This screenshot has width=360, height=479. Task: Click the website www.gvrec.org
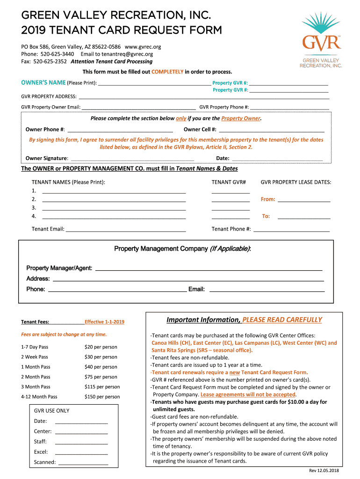pos(143,47)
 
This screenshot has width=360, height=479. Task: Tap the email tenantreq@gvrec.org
pos(126,54)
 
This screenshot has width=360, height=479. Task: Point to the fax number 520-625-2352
pos(50,61)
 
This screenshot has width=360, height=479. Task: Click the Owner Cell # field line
pos(271,130)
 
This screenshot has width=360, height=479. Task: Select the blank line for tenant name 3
pos(114,208)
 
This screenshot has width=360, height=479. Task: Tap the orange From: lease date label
pos(268,199)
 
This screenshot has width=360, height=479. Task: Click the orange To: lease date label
pos(266,216)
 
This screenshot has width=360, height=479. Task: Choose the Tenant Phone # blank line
pos(291,229)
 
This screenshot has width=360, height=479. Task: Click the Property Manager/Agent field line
pos(209,269)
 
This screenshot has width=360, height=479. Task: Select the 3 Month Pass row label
pos(36,387)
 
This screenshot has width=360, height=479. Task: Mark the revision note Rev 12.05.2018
pos(324,470)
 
